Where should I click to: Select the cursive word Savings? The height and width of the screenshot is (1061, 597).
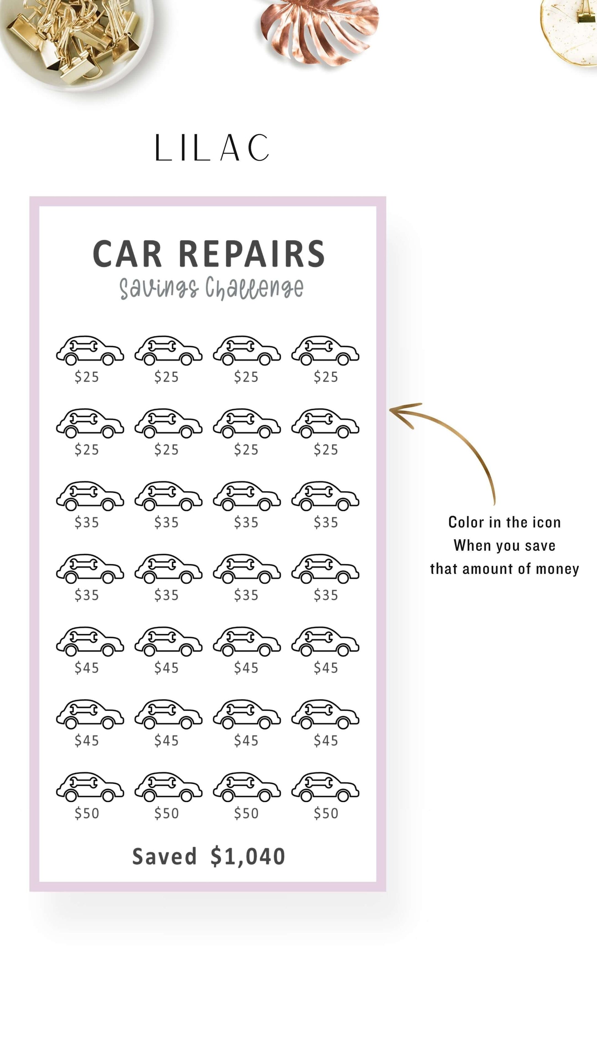159,288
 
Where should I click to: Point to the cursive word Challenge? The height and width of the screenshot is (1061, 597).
254,288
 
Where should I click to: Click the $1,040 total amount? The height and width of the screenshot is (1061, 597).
248,857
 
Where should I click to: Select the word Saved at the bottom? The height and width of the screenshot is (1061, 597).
164,857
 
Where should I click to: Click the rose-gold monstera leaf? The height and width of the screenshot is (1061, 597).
319,31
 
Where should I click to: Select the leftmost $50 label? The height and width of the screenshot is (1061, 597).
87,814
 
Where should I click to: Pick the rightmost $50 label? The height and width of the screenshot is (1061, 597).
325,814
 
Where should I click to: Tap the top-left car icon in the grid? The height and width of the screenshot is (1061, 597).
90,350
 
